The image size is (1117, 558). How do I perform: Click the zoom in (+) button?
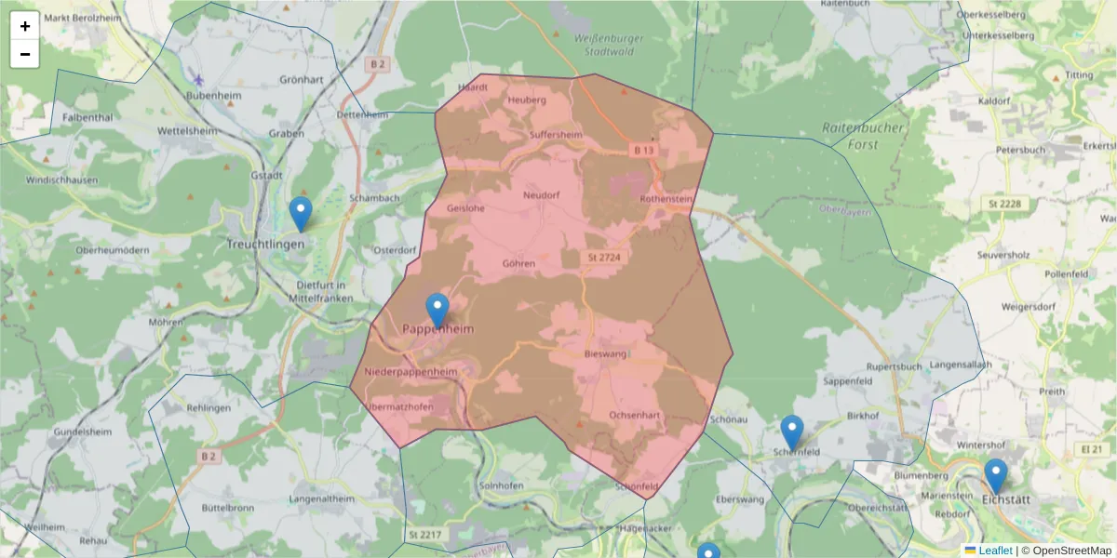tap(25, 26)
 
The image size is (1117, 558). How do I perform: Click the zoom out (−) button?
tap(25, 54)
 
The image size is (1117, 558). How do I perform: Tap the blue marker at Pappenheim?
tap(437, 310)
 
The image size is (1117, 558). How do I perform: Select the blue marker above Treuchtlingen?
tap(300, 213)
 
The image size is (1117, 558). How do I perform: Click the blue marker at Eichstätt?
tap(996, 476)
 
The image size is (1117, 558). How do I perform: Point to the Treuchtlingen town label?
tap(266, 244)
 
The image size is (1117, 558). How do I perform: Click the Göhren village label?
tap(518, 263)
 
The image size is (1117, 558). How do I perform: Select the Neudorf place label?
tap(542, 195)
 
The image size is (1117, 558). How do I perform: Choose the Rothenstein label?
tap(668, 199)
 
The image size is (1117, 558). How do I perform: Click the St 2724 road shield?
tap(604, 256)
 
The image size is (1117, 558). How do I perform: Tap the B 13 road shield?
tap(645, 150)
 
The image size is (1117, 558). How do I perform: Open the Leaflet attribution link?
tap(994, 551)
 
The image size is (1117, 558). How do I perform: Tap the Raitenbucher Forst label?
tap(863, 136)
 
